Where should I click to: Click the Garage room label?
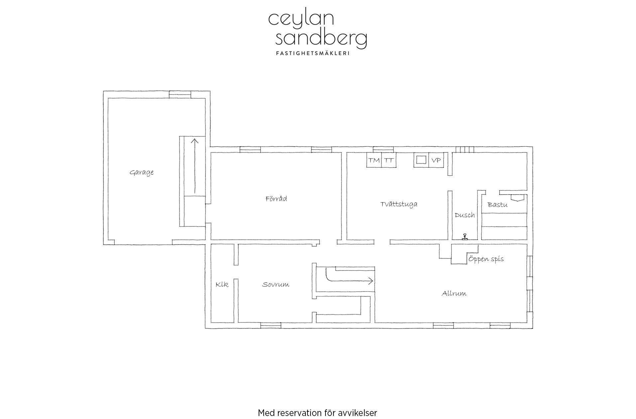click(x=142, y=173)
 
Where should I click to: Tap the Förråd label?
click(x=276, y=199)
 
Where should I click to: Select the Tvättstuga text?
click(x=399, y=204)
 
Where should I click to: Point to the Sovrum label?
click(x=276, y=285)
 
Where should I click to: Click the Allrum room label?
click(x=454, y=293)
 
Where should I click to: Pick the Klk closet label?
click(x=222, y=285)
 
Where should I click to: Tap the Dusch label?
click(x=464, y=215)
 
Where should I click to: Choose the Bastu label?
click(x=497, y=205)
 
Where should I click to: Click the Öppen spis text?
click(x=486, y=259)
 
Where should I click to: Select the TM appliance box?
click(x=374, y=160)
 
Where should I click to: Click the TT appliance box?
click(x=389, y=160)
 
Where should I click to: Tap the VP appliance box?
click(x=436, y=160)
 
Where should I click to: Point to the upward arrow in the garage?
click(x=194, y=166)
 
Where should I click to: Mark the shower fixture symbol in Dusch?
click(x=464, y=236)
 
